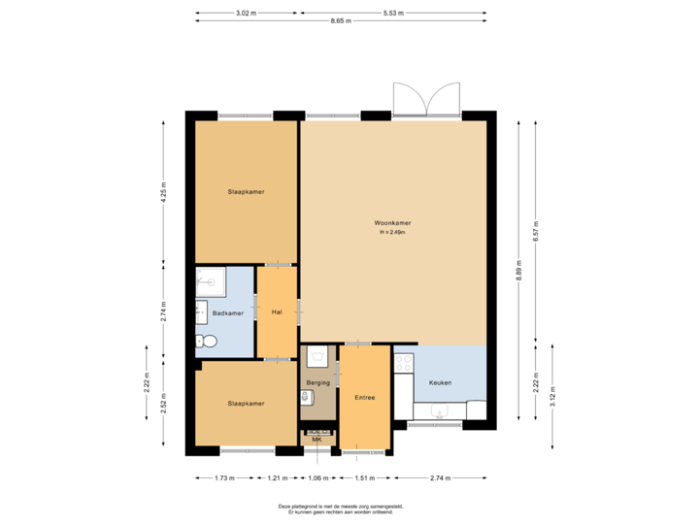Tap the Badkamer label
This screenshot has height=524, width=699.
228,312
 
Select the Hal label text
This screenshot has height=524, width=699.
277,312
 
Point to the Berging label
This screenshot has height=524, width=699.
317,382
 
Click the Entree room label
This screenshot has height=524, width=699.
364,397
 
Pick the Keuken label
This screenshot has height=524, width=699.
440,382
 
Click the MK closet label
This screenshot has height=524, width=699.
316,440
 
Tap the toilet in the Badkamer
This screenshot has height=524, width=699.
205,341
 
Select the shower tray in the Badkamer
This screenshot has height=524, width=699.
210,282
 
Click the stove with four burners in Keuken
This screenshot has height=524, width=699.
404,367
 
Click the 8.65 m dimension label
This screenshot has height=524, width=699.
340,20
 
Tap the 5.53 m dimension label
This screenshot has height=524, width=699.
393,13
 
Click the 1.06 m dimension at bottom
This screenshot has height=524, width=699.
317,478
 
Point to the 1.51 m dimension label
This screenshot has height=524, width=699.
365,478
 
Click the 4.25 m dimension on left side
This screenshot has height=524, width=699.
164,191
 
